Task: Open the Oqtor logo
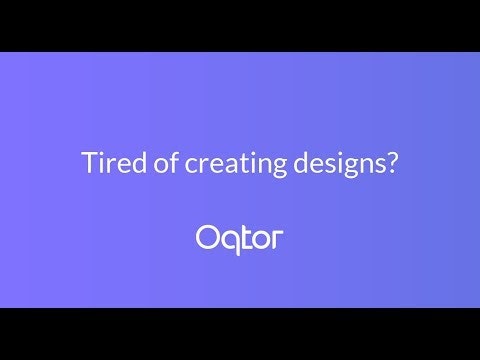point(239,238)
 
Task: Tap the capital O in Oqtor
point(207,237)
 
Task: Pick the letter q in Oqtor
point(229,241)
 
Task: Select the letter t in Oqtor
point(245,238)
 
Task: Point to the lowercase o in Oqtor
point(261,240)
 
